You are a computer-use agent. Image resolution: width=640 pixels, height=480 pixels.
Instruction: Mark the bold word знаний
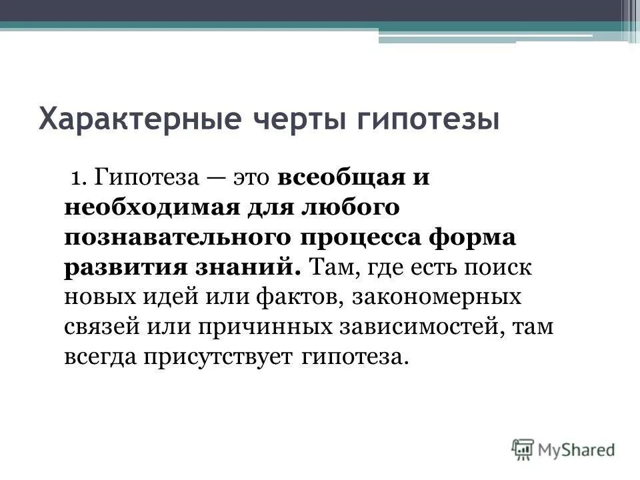coord(244,267)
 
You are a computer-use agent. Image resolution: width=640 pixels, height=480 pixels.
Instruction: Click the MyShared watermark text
coord(577,449)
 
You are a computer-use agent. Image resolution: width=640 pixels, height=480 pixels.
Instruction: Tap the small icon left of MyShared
coord(524,449)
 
